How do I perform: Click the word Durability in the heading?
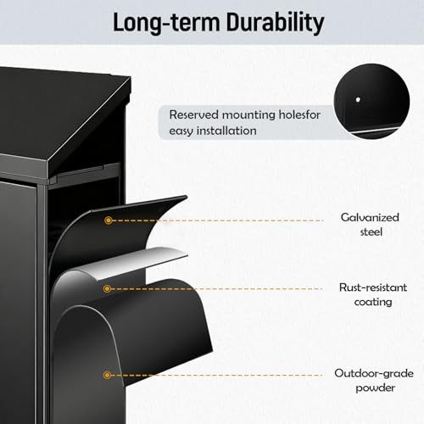point(275,23)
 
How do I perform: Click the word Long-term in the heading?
point(166,23)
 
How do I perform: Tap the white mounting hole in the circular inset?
point(358,99)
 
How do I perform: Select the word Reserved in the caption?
point(194,114)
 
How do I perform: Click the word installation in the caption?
point(226,131)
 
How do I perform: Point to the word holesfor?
point(299,114)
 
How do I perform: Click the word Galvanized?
point(370,217)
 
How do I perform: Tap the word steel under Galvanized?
point(371,232)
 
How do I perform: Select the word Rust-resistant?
point(373,287)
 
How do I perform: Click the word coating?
point(373,302)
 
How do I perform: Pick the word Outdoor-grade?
point(374,373)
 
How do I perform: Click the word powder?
point(375,388)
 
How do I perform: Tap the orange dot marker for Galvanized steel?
point(108,220)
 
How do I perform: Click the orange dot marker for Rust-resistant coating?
point(107,288)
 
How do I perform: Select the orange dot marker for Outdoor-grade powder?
point(107,375)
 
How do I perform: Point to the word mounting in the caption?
point(248,115)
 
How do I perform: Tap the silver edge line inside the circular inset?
point(373,131)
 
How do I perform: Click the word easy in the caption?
point(181,131)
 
